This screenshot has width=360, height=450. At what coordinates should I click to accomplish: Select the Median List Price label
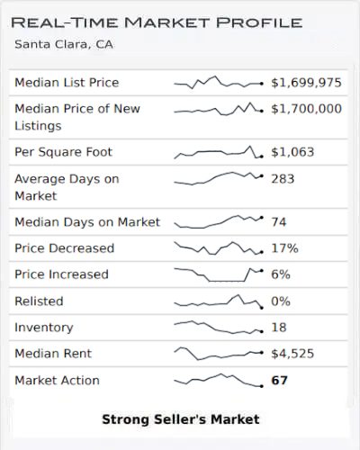coord(67,83)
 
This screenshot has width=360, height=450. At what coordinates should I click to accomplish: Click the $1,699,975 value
coord(306,83)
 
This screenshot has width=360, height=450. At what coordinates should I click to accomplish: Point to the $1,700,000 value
coord(306,109)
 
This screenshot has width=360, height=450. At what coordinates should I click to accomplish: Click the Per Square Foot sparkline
coord(218,152)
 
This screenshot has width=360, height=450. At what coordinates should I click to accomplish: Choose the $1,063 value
coord(292,152)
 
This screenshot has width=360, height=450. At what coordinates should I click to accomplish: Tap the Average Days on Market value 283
coord(283,178)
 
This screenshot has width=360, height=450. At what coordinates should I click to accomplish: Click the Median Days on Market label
coord(87,221)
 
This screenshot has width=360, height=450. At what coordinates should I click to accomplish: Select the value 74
coord(278,221)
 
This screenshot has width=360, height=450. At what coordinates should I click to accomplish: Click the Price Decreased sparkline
coord(218,247)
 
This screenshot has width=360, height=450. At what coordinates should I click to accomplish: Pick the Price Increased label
coord(61,274)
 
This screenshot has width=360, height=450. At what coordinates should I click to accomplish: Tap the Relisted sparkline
coord(218,301)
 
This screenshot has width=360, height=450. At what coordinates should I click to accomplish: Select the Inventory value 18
coord(278,328)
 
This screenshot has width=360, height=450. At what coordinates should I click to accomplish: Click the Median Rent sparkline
coord(218,354)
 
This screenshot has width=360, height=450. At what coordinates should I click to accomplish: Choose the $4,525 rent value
coord(292,354)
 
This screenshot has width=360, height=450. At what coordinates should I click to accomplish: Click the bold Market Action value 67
coord(279,381)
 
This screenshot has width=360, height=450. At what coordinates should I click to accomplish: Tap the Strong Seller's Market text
coord(180,419)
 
